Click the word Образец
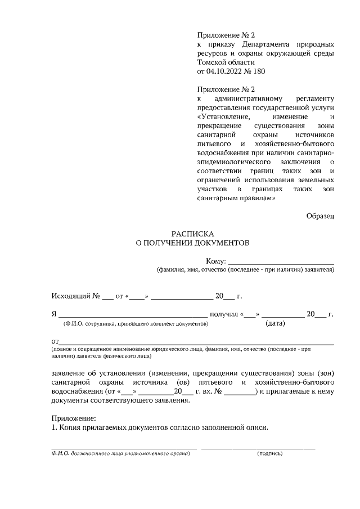pyautogui.click(x=320, y=216)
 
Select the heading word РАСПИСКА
pyautogui.click(x=193, y=233)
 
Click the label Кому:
pyautogui.click(x=216, y=260)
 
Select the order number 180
pyautogui.click(x=258, y=71)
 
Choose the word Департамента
pyautogui.click(x=267, y=44)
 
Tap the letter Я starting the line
pyautogui.click(x=54, y=314)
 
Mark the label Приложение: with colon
pyautogui.click(x=74, y=418)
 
